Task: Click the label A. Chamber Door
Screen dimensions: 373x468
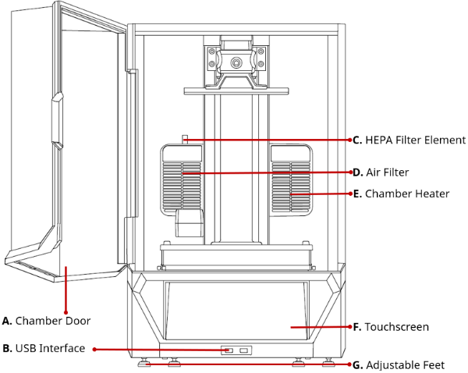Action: coord(47,321)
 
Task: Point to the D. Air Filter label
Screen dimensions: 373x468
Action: coord(381,172)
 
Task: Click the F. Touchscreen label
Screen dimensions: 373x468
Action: coord(391,327)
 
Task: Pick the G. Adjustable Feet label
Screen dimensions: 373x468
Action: coord(399,364)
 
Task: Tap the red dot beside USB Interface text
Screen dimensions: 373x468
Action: coord(95,349)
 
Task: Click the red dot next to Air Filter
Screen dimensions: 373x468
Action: coord(346,172)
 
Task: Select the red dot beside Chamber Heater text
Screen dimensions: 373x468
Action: coord(346,194)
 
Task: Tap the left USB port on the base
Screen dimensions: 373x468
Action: coord(229,350)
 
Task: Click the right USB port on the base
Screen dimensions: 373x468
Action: coord(244,350)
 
